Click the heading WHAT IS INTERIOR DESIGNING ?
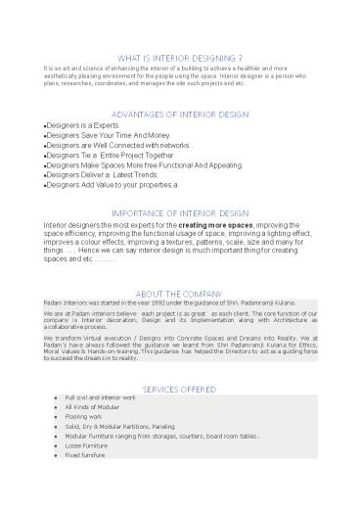coord(180,57)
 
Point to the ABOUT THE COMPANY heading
coord(179,294)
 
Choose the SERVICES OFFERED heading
coord(179,389)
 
